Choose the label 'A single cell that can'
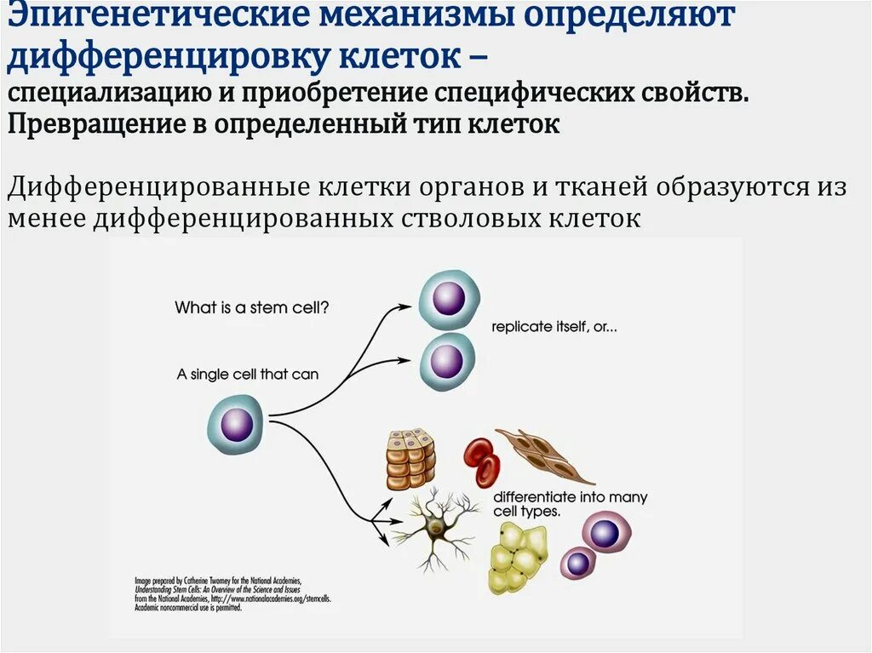coord(248,374)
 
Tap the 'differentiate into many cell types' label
coord(570,504)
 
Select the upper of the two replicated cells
coord(449,299)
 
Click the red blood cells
coord(482,462)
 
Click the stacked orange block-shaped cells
coord(410,459)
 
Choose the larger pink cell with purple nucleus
coord(605,534)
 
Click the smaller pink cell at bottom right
coord(578,563)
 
